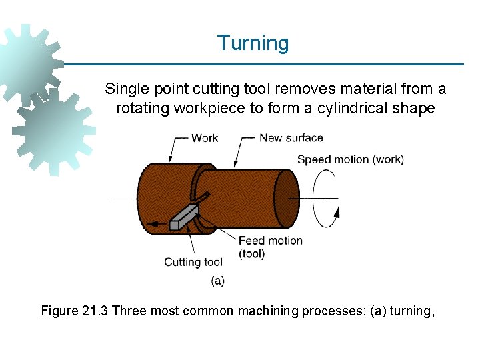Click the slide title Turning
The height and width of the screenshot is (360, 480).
point(253,43)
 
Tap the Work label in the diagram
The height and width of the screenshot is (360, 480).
point(204,138)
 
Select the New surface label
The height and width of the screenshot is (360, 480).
point(291,138)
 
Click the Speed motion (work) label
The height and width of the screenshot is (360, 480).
point(350,159)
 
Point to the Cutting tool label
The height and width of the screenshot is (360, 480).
point(193,262)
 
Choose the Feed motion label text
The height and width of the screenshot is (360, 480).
point(270,241)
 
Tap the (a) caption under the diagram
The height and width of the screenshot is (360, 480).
point(217,281)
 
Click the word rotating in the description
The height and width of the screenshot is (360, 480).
point(143,108)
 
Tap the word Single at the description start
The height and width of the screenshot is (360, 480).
point(125,89)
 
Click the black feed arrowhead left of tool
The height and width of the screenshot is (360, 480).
point(153,225)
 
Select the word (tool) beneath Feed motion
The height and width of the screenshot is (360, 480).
point(251,253)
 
